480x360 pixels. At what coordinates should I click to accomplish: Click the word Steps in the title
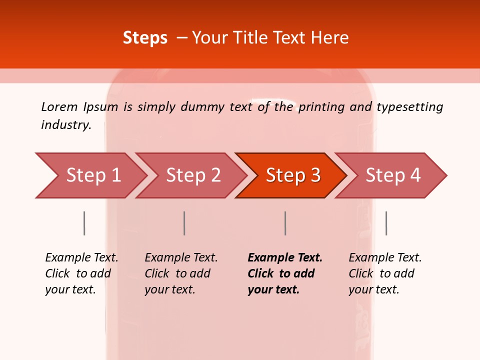pos(145,37)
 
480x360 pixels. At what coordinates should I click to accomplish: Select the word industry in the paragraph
pos(66,125)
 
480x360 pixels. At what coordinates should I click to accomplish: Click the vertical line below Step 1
pos(84,223)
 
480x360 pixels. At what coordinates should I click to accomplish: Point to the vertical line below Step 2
pos(184,223)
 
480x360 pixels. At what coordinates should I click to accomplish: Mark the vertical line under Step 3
pos(285,223)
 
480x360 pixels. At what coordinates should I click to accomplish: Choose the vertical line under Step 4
pos(386,223)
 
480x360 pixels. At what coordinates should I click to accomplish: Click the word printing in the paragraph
pos(314,107)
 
